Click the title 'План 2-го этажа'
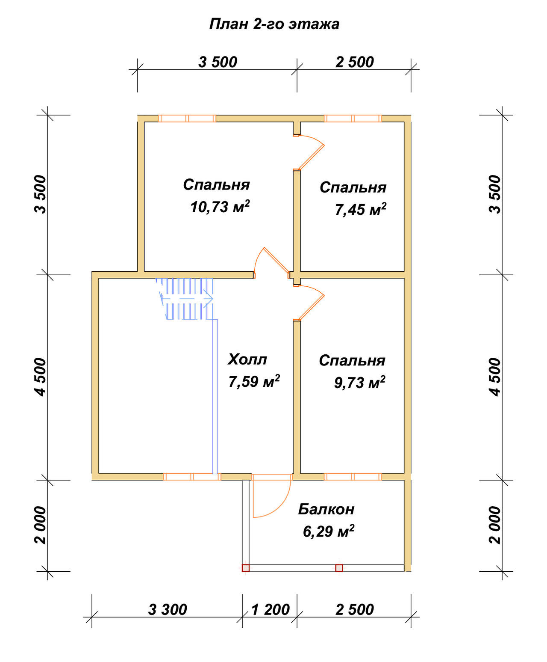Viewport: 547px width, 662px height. coord(274,24)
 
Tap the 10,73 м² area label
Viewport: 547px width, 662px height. coord(220,207)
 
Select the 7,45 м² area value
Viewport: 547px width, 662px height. coord(361,209)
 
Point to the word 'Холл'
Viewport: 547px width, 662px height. coord(247,359)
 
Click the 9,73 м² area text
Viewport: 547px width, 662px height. coord(360,383)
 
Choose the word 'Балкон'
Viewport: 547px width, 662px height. coord(326,509)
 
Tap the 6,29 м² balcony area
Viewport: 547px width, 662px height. coord(329,531)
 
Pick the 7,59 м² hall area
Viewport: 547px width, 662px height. coord(254,381)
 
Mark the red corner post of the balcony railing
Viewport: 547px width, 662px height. coord(245,568)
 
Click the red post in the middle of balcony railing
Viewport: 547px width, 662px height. coord(339,568)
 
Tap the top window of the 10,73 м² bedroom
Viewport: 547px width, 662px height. coord(187,119)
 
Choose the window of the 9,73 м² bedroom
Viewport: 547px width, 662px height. coord(353,477)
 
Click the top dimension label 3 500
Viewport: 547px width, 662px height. coord(218,62)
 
